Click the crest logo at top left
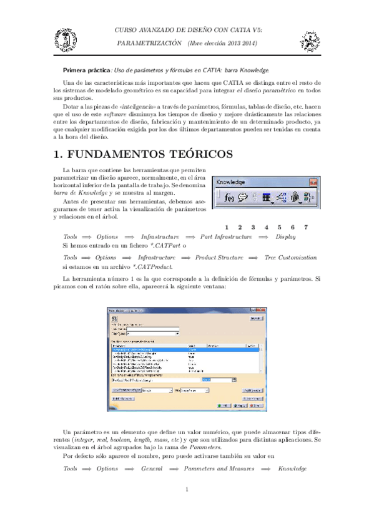[65, 39]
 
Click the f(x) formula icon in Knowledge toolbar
[229, 198]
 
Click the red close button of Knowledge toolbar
[311, 182]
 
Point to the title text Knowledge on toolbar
[231, 182]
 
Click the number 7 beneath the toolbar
[305, 226]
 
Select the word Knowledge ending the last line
[292, 468]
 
